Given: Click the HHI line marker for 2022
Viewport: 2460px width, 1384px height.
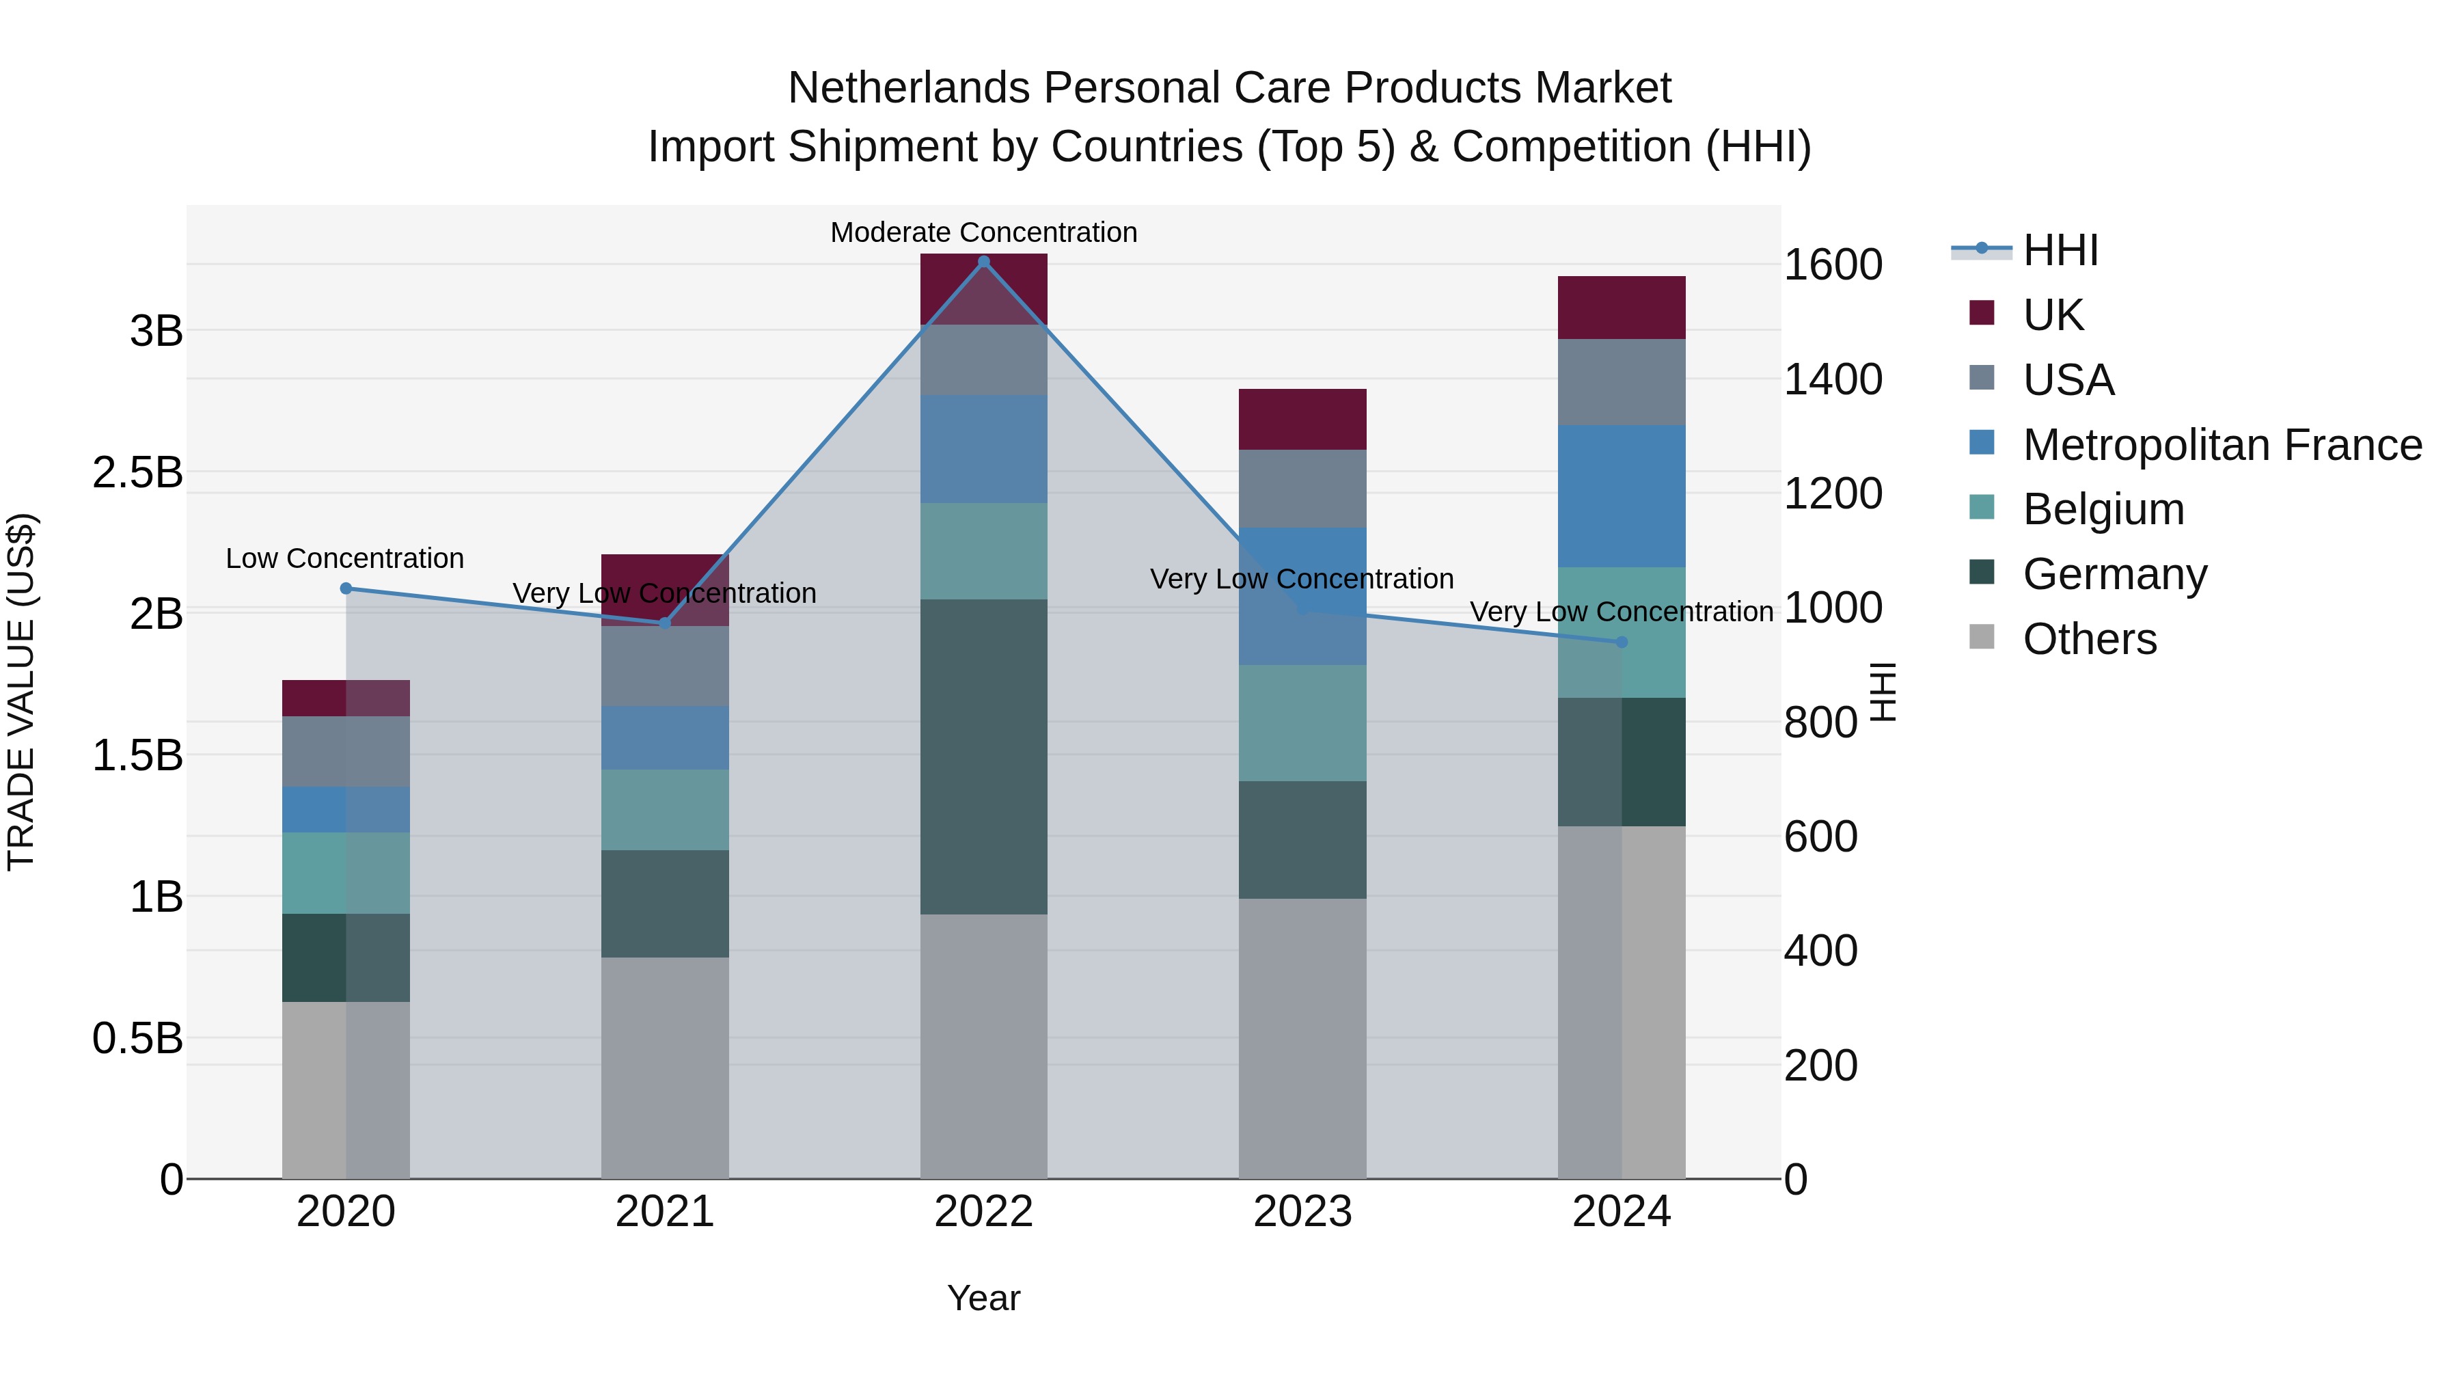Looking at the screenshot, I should point(983,262).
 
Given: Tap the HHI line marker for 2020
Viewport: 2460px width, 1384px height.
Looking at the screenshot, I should point(346,588).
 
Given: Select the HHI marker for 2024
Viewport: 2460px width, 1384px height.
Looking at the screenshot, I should point(1622,642).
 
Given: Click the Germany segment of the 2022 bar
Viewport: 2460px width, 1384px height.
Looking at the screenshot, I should point(983,757).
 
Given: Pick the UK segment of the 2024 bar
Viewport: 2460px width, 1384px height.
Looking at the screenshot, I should point(1622,308).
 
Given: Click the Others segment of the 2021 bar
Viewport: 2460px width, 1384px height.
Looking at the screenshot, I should point(665,1067).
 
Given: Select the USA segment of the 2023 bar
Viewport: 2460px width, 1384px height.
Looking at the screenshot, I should point(1302,488).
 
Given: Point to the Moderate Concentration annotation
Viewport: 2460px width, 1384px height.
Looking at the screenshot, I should point(983,232).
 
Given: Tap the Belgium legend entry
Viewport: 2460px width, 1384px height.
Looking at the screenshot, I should point(2103,509).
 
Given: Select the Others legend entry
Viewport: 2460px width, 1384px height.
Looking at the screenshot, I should point(2090,639).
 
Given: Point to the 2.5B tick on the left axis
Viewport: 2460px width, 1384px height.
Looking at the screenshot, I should point(137,472).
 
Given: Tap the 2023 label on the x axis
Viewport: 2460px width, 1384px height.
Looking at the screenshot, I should point(1302,1211).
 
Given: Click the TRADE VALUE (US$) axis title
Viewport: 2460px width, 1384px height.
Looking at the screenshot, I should point(21,692).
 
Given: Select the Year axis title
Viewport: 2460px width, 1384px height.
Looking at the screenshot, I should point(983,1298).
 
